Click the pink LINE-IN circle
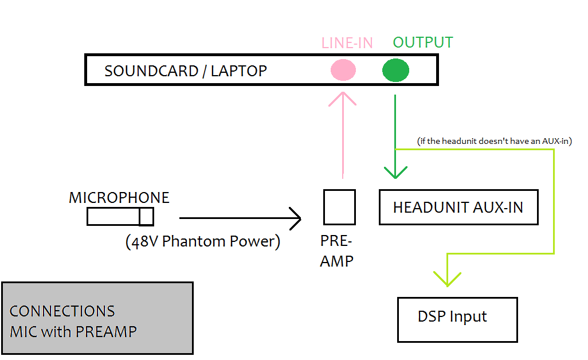click(343, 71)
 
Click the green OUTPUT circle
click(395, 71)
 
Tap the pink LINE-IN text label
click(347, 43)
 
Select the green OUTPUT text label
click(423, 43)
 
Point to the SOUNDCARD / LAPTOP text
click(185, 71)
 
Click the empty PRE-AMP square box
click(339, 207)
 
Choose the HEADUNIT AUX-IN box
click(458, 207)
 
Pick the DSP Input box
click(457, 319)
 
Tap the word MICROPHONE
click(119, 198)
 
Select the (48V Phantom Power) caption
click(203, 241)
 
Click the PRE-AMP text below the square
click(337, 251)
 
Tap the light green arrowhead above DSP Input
click(447, 278)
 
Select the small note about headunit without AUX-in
click(494, 141)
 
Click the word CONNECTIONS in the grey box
click(62, 311)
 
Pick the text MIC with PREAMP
click(73, 331)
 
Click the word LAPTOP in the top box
click(239, 71)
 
